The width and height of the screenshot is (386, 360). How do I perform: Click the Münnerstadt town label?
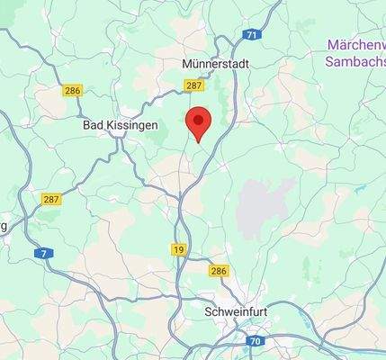214,64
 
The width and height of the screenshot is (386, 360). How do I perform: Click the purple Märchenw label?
356,44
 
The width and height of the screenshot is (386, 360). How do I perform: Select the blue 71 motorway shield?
252,35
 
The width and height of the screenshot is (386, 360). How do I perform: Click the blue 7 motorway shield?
43,254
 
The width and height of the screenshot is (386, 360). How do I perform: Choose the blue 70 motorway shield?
255,341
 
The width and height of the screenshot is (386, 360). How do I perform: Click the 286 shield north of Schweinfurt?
219,270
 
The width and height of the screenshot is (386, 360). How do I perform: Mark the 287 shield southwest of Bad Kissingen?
51,199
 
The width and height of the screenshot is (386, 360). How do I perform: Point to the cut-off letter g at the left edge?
4,227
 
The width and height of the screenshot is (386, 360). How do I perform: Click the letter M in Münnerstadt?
185,64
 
